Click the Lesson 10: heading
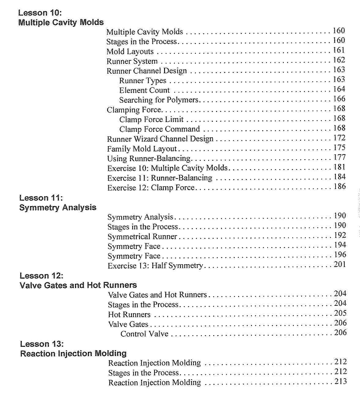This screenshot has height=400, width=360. tap(40, 13)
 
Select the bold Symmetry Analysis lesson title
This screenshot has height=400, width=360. tap(58, 208)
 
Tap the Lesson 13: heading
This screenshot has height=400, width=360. tap(42, 344)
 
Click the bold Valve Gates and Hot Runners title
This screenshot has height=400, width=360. tap(78, 285)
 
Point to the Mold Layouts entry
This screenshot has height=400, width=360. tap(130, 52)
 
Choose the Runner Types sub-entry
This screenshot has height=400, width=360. tap(143, 81)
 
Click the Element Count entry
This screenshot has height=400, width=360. tap(144, 91)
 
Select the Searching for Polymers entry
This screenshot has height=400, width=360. tap(159, 100)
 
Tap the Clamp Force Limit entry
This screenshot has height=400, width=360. tap(151, 120)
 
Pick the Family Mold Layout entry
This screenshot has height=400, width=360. tap(142, 149)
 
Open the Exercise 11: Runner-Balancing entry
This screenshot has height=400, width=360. tap(159, 178)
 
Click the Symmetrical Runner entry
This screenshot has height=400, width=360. tap(142, 237)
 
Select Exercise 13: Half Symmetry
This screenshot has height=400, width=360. tap(155, 266)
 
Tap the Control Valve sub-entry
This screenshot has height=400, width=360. tap(144, 334)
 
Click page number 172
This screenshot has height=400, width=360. tap(339, 138)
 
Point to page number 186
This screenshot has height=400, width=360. tap(339, 187)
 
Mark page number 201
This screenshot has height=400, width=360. tap(340, 265)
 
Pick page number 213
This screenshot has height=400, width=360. tap(340, 382)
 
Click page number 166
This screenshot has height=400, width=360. tap(339, 99)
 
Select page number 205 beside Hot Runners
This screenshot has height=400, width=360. tap(340, 313)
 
